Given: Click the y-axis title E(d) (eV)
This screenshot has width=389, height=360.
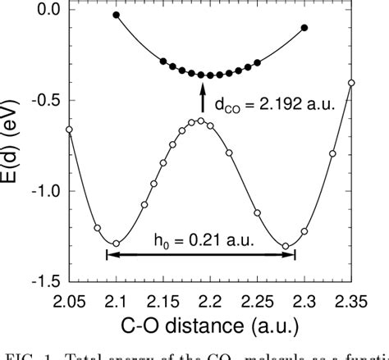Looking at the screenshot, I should [13, 144].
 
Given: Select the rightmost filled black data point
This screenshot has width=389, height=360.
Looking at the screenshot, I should [305, 28].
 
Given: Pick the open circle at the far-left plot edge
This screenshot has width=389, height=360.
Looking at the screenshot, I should [69, 130].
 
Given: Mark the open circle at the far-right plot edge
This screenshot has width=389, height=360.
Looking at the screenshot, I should [352, 83].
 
